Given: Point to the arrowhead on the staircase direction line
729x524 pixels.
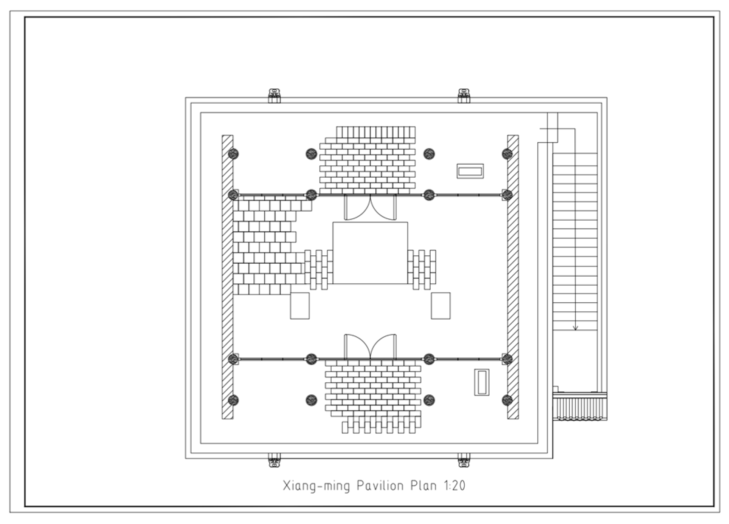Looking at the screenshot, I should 575,328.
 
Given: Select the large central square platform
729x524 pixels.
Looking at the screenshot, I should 370,253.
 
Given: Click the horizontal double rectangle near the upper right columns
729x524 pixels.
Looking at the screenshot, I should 470,171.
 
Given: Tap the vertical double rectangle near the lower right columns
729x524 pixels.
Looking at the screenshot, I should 482,382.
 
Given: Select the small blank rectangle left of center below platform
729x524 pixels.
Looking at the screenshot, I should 299,306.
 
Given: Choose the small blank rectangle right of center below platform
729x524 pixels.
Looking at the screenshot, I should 441,306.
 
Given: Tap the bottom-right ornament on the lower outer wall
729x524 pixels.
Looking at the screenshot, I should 464,461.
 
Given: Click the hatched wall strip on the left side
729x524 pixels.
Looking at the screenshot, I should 227,277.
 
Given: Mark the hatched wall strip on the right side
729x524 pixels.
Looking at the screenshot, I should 513,277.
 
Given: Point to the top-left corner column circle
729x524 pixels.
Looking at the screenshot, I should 234,154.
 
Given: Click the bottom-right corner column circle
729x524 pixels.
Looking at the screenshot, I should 507,400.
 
